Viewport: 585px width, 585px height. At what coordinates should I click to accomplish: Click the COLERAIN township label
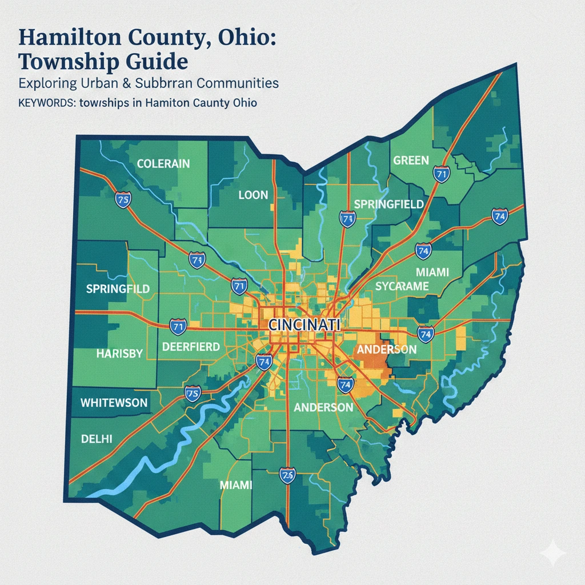(163, 164)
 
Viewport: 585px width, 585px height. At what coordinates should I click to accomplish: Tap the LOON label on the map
(253, 195)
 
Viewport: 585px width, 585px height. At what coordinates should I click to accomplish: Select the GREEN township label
(411, 160)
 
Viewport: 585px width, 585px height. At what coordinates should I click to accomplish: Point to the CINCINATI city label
(304, 324)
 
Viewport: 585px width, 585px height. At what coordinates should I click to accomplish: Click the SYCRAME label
(401, 286)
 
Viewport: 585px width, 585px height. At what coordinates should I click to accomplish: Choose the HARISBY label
(119, 354)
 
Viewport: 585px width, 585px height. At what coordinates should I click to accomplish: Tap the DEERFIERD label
(191, 347)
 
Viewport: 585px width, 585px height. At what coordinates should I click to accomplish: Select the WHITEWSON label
(114, 403)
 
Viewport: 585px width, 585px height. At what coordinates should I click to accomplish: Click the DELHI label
(97, 439)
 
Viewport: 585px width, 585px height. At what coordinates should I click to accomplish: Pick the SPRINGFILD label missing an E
(118, 289)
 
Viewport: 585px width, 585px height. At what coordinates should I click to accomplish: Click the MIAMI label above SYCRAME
(432, 272)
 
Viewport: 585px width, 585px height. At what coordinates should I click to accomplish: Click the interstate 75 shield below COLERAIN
(123, 199)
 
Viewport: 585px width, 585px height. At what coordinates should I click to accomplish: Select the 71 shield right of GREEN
(440, 175)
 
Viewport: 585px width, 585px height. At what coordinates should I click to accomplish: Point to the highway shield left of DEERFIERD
(178, 327)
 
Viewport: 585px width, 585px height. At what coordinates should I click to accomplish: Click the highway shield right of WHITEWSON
(192, 393)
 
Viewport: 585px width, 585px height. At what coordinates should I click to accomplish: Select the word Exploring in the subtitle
(47, 83)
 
